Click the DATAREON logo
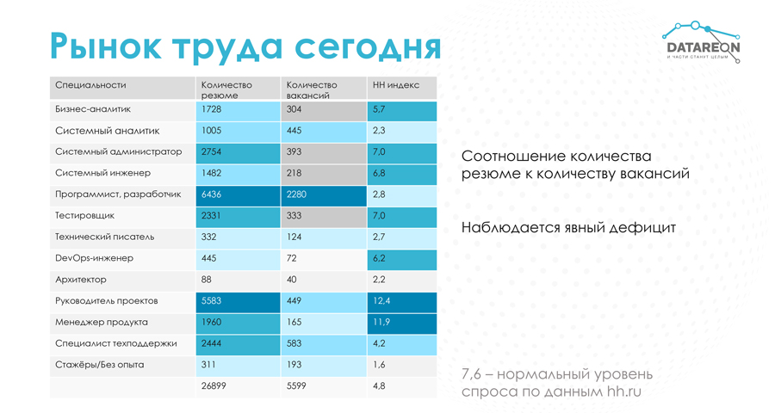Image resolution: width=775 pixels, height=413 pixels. click(x=703, y=43)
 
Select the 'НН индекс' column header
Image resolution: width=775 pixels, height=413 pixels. click(x=395, y=85)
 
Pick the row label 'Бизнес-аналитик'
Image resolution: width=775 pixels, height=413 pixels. click(x=93, y=110)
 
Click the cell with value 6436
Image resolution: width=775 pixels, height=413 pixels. click(x=212, y=194)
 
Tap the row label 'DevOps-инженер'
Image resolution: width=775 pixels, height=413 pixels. click(x=94, y=258)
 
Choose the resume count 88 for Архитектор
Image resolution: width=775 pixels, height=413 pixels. click(x=207, y=280)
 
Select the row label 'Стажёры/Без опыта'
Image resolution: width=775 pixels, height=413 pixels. click(x=99, y=365)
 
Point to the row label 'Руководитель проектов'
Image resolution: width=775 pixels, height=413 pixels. click(x=105, y=300)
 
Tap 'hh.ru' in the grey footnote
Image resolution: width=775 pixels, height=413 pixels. click(x=623, y=391)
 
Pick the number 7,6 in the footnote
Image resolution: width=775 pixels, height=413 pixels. click(x=473, y=374)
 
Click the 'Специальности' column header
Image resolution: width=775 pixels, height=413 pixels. click(x=90, y=85)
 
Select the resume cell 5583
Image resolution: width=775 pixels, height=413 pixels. click(x=212, y=300)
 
